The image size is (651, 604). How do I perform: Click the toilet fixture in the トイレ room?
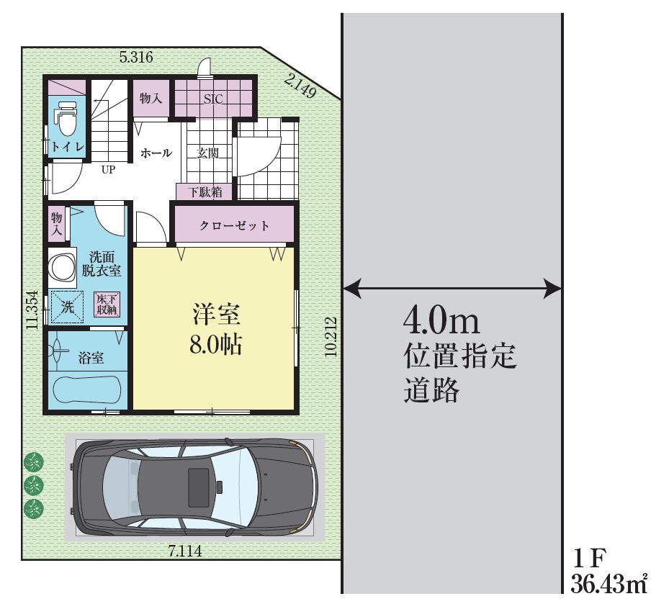[x=66, y=118]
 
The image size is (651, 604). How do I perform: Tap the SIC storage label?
[x=213, y=99]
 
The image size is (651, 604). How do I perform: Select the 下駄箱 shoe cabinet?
[x=205, y=191]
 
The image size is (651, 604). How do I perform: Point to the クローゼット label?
[x=234, y=225]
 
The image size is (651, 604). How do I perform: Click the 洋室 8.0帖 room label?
[x=216, y=329]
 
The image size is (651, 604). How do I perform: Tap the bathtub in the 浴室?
[x=88, y=389]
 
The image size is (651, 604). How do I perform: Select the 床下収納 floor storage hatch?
[x=107, y=305]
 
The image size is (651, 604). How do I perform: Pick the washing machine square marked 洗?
[x=67, y=307]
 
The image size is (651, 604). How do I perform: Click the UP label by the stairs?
[x=108, y=169]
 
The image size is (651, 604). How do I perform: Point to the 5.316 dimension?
[x=136, y=57]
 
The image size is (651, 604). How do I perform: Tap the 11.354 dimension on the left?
[x=32, y=310]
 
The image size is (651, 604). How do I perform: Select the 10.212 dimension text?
[x=331, y=337]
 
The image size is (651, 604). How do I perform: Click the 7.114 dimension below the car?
[x=185, y=551]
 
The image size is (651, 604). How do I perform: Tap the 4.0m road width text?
[x=441, y=321]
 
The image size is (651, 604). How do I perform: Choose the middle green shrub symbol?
[x=34, y=484]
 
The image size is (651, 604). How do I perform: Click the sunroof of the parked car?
[x=199, y=482]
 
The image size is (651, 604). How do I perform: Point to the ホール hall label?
[x=156, y=153]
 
